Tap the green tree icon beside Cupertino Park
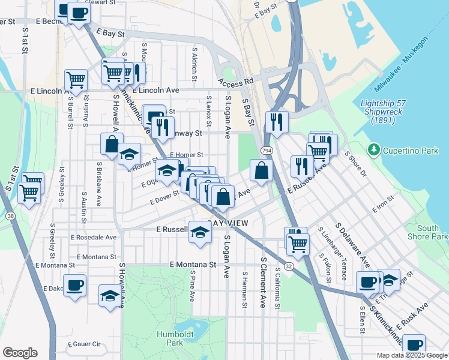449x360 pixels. point(374,149)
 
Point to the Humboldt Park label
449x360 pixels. point(169,338)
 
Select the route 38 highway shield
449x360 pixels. point(10,214)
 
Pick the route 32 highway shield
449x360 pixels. point(289,265)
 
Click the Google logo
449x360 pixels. point(19,353)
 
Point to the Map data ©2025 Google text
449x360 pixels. point(412,355)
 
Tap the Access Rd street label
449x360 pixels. point(236,80)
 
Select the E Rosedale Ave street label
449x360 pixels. point(94,237)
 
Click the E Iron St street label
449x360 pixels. point(382,204)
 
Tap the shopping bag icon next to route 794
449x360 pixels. point(261,170)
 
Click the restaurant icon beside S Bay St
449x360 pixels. point(276,122)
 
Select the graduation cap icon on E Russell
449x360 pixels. point(200,231)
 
